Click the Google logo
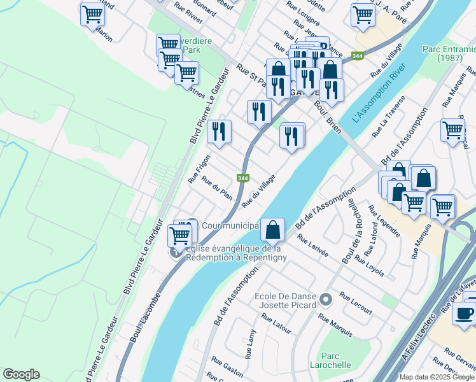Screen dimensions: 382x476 [21, 374]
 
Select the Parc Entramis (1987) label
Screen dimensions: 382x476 [448, 53]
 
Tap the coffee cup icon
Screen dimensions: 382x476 [464, 313]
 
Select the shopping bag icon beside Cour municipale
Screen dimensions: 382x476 [272, 228]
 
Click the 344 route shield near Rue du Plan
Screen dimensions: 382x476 [242, 178]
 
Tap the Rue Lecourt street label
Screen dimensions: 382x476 [356, 303]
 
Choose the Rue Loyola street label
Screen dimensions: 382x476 [370, 265]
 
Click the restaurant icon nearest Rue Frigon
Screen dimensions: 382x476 [219, 132]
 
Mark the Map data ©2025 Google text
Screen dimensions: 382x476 [436, 377]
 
